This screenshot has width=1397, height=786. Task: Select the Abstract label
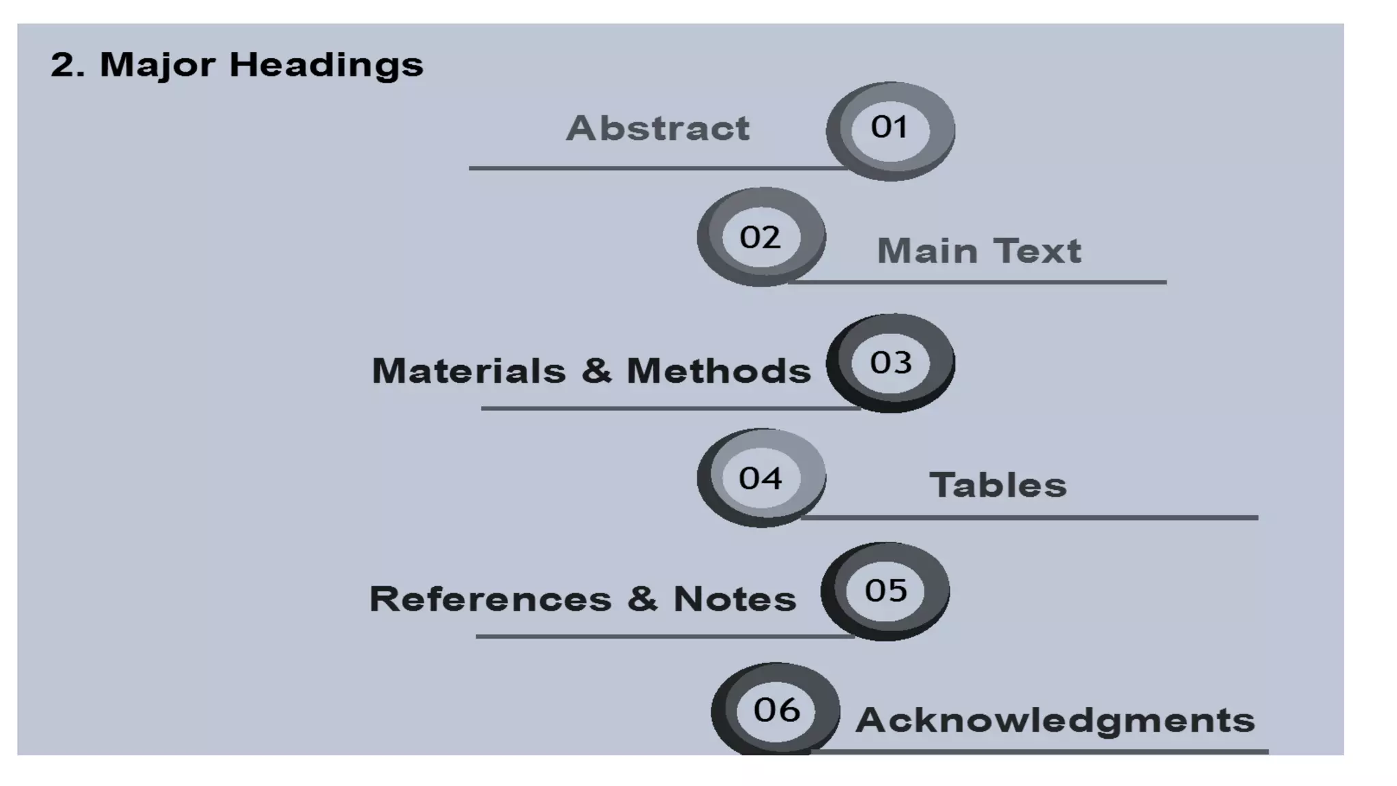click(x=658, y=128)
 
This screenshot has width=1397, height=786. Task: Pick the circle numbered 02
click(x=761, y=237)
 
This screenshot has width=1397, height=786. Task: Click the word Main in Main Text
click(x=927, y=251)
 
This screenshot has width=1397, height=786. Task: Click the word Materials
click(x=469, y=371)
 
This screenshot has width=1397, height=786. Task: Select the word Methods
click(x=719, y=371)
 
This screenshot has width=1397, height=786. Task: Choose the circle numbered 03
click(x=890, y=362)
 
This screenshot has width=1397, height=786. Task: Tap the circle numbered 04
click(x=761, y=478)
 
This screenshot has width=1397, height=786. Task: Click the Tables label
click(x=998, y=486)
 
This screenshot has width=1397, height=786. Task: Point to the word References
click(x=490, y=599)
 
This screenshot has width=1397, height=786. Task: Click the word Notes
click(x=735, y=599)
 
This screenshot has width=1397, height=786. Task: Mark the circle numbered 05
click(x=885, y=591)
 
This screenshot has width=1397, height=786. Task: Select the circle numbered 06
click(x=776, y=710)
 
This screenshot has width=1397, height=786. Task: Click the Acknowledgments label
click(x=1055, y=720)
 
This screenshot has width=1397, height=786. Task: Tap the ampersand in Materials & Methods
click(x=597, y=371)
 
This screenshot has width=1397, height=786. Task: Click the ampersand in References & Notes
click(x=643, y=599)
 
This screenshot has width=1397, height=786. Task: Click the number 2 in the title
click(x=63, y=65)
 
